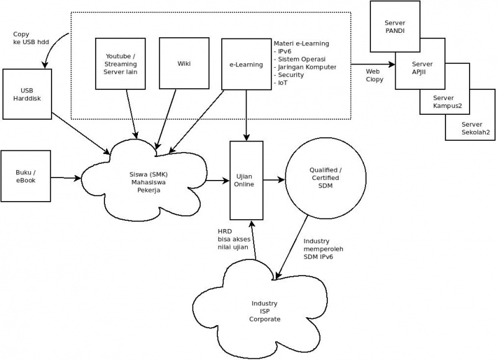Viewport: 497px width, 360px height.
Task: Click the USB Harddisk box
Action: point(27,94)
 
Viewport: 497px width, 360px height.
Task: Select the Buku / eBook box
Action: point(26,176)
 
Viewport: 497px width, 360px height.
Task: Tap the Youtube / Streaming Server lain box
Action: point(120,63)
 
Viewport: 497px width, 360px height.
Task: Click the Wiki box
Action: point(184,63)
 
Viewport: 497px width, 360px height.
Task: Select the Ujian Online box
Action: point(246,179)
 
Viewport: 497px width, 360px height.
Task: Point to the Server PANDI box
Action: point(394,26)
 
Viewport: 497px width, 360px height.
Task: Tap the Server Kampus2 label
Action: point(444,101)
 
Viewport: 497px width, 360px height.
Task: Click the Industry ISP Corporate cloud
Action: point(265,311)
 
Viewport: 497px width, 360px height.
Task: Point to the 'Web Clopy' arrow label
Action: point(374,75)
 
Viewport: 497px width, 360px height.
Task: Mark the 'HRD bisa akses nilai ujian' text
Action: point(233,239)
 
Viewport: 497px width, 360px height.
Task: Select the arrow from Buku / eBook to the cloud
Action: point(66,178)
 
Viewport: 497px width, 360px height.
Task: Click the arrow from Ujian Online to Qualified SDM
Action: point(273,181)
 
